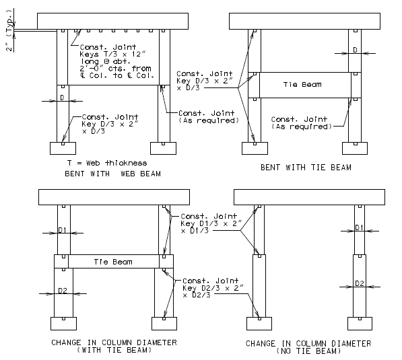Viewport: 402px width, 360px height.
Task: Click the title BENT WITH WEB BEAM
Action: (x=113, y=174)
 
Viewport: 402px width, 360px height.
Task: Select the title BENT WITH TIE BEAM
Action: (x=306, y=168)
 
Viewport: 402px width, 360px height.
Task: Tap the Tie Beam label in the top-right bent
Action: (x=302, y=85)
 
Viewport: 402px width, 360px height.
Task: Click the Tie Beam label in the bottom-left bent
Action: (x=113, y=262)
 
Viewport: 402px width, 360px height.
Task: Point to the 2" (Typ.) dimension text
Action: (x=9, y=30)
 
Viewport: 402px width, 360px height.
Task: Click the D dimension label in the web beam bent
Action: (x=63, y=98)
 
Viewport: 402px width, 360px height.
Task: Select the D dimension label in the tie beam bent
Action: (x=355, y=50)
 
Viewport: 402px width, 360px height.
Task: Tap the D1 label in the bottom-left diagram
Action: (x=63, y=230)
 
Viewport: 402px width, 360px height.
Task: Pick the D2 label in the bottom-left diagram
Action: (x=63, y=291)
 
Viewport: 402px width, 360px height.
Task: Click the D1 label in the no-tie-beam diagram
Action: (x=359, y=227)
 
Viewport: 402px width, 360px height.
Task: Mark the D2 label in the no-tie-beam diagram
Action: (x=360, y=283)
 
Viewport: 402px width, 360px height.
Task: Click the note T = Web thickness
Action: (x=107, y=163)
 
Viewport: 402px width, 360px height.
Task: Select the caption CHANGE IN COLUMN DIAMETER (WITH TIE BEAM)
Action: (x=114, y=346)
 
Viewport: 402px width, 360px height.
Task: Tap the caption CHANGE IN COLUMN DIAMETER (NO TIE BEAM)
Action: (x=308, y=347)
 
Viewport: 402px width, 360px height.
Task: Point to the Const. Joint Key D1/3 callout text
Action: (x=211, y=223)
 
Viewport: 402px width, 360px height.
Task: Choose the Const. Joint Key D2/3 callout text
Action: (x=213, y=288)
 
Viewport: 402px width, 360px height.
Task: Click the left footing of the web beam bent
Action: (x=63, y=148)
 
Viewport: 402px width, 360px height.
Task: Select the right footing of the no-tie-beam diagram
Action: (x=360, y=324)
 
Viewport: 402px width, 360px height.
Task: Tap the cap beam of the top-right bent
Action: (x=304, y=22)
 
